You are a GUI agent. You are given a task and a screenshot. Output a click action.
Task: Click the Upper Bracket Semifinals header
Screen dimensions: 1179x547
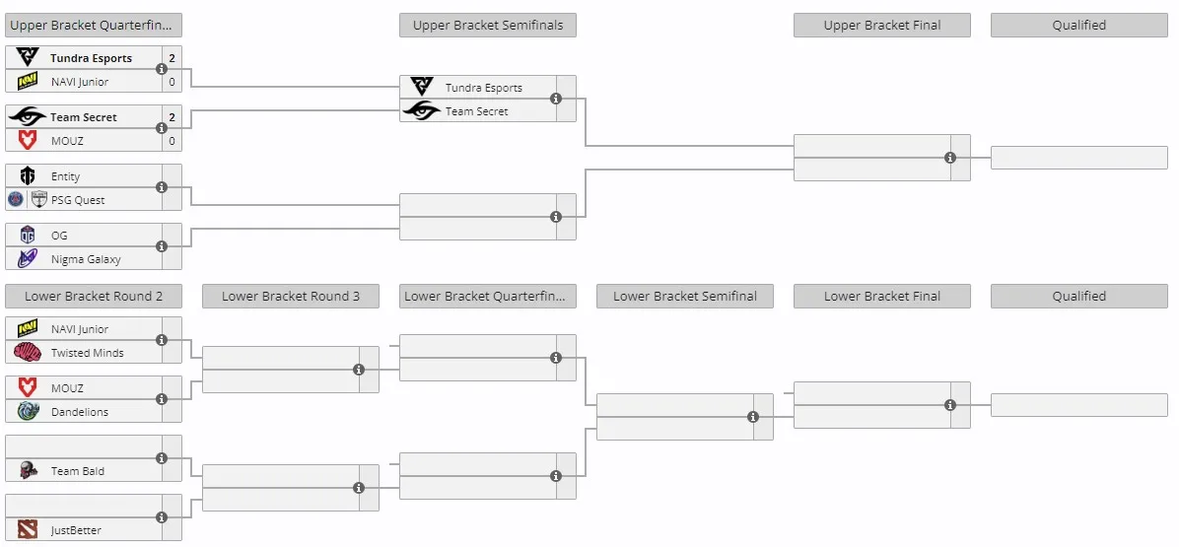488,25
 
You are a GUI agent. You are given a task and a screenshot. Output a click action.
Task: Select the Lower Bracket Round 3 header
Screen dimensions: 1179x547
290,296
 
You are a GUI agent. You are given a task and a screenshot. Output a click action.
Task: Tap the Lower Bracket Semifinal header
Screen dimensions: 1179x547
685,296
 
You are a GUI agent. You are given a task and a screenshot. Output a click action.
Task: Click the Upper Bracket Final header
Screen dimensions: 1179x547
882,25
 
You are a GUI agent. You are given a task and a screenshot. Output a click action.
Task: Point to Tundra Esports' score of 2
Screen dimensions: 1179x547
173,58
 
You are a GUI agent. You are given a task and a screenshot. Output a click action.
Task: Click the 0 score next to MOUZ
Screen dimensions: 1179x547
173,141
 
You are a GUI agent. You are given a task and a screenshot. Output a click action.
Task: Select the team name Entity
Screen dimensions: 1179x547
65,176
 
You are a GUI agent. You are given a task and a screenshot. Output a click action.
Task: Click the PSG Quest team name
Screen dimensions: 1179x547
78,200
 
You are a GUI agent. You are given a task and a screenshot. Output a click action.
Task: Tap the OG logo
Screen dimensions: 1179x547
28,236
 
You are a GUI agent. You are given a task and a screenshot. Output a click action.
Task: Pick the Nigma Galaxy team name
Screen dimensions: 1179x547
86,259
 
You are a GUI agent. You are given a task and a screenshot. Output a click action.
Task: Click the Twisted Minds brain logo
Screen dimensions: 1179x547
28,353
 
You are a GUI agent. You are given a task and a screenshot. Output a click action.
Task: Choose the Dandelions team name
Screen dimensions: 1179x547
80,412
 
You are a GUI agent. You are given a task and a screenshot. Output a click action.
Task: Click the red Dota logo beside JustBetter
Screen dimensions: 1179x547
28,529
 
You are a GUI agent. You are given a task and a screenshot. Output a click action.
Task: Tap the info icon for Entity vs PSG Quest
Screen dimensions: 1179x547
162,188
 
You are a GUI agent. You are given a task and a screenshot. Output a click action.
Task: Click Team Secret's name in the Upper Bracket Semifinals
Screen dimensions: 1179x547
477,111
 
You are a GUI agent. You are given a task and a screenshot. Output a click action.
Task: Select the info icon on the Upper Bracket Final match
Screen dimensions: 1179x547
950,158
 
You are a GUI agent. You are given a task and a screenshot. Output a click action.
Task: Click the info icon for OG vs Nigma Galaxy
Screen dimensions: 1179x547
162,246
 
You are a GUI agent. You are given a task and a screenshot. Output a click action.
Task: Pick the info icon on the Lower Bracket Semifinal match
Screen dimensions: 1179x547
753,417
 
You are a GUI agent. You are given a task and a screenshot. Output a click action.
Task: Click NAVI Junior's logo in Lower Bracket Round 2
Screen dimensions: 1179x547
28,329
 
